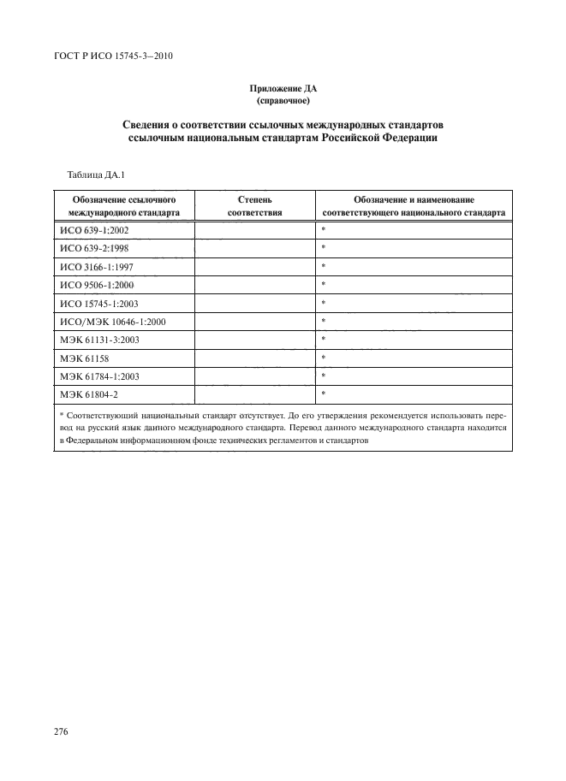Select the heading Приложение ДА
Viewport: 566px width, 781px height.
click(x=282, y=88)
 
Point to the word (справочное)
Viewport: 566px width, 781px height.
click(x=282, y=100)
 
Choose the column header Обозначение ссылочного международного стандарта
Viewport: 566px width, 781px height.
click(x=124, y=205)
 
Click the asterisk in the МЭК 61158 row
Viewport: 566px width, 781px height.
click(x=324, y=357)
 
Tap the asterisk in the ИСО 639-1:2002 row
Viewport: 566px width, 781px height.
click(x=324, y=230)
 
